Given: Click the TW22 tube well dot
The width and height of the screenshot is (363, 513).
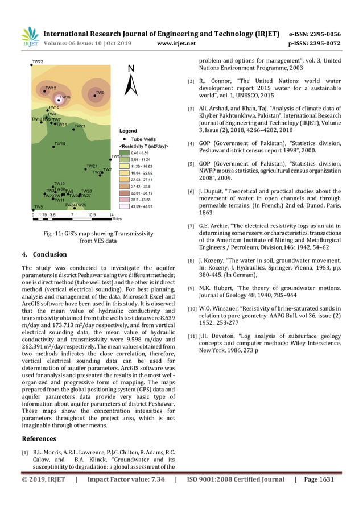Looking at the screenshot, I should pyautogui.click(x=31, y=66).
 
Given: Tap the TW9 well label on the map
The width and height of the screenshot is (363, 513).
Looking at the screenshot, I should pyautogui.click(x=100, y=93).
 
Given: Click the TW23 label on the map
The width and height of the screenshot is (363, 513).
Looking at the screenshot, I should pyautogui.click(x=80, y=126).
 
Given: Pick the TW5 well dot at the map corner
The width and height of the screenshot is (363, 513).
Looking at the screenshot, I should pyautogui.click(x=32, y=210).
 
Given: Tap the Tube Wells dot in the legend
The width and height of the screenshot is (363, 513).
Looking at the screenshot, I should pyautogui.click(x=124, y=139).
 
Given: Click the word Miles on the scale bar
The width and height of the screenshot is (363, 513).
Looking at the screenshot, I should pyautogui.click(x=117, y=218).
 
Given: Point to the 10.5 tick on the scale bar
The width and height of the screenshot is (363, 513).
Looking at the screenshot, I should pyautogui.click(x=92, y=215).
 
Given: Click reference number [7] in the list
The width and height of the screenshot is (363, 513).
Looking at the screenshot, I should pyautogui.click(x=191, y=226).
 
